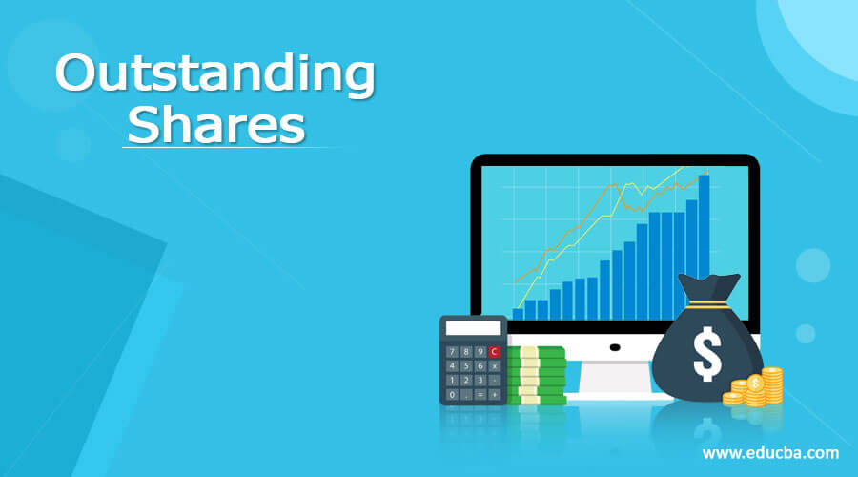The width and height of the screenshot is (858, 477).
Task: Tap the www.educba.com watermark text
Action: (770, 452)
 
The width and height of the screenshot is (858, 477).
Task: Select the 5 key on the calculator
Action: (465, 365)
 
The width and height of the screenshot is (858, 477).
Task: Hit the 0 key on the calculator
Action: (451, 393)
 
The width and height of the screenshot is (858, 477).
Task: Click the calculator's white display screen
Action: (473, 328)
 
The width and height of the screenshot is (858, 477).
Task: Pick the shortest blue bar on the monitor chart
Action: (519, 313)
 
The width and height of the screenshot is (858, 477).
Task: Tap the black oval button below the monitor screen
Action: (615, 347)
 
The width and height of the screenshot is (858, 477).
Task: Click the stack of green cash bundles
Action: (536, 375)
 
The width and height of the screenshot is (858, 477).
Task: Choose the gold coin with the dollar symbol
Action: (755, 383)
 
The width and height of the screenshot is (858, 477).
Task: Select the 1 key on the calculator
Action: (451, 380)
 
